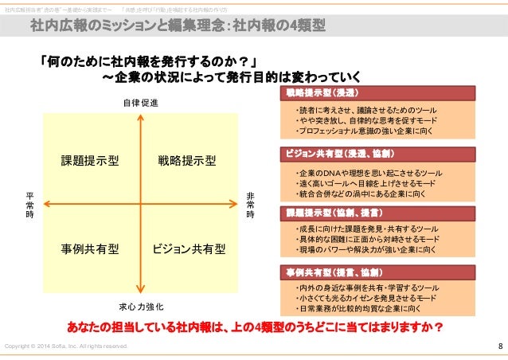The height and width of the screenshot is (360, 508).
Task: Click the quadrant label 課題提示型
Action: (x=90, y=161)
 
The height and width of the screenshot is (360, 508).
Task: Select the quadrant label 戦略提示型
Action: (x=187, y=161)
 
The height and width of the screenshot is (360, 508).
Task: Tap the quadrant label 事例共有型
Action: (x=90, y=248)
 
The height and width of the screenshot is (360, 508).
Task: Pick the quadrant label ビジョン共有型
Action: (x=189, y=248)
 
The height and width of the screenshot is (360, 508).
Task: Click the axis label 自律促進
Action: (x=140, y=104)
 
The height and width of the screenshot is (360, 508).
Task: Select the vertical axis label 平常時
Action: (x=29, y=205)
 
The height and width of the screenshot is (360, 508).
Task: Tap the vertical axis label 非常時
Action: (x=250, y=205)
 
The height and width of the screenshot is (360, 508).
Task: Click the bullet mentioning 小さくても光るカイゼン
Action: (x=363, y=297)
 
